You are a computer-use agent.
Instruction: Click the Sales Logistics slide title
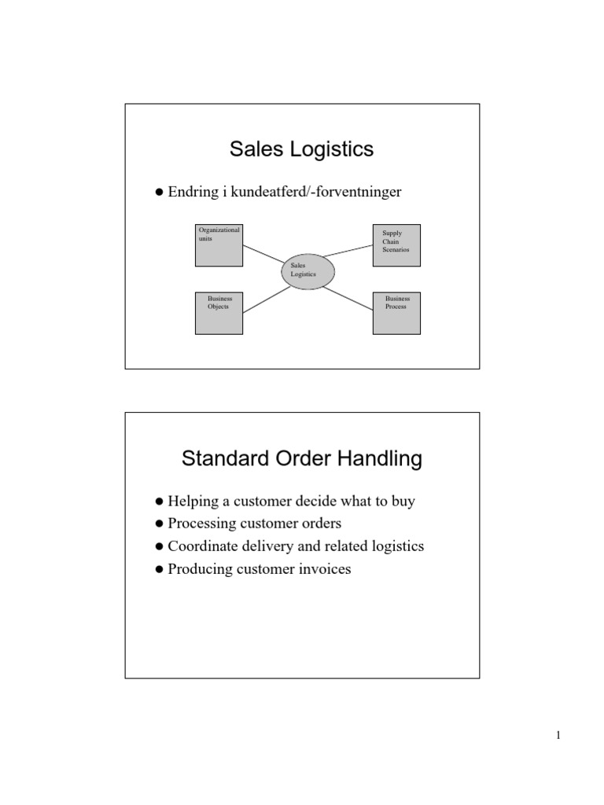[x=301, y=149]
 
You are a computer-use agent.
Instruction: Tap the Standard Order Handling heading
[x=301, y=458]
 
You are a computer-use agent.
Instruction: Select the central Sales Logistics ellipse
[x=308, y=270]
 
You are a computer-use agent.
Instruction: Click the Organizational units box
[x=218, y=245]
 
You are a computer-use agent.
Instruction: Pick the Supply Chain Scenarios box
[x=396, y=245]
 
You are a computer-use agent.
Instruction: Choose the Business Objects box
[x=218, y=314]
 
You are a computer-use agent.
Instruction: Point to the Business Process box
[x=396, y=314]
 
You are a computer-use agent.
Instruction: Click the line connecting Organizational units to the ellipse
[x=263, y=255]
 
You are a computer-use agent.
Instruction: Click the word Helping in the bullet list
[x=192, y=502]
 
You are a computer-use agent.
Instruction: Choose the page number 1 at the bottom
[x=558, y=736]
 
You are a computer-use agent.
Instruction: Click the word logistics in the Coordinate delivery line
[x=397, y=546]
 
